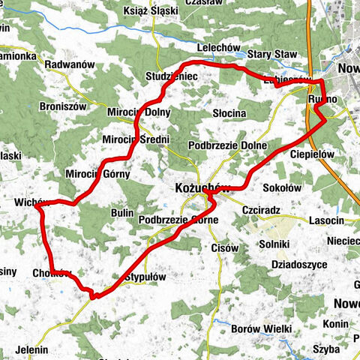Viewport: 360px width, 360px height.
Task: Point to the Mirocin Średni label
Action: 136,139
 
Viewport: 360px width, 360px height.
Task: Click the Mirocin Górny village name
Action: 97,174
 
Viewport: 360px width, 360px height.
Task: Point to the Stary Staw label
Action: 271,54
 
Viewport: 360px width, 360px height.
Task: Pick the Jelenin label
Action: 31,349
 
